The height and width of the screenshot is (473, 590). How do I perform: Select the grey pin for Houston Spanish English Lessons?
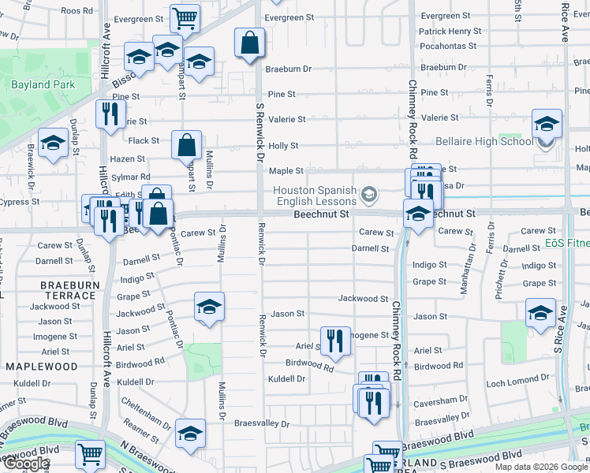click(x=368, y=194)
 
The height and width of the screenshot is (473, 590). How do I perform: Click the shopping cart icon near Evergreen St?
click(x=185, y=17)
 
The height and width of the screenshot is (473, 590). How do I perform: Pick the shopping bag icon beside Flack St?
click(x=186, y=145)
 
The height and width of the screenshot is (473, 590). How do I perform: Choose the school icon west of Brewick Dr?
click(x=53, y=143)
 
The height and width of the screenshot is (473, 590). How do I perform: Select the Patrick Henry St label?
click(x=450, y=31)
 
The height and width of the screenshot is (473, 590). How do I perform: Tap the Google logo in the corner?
click(x=27, y=463)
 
